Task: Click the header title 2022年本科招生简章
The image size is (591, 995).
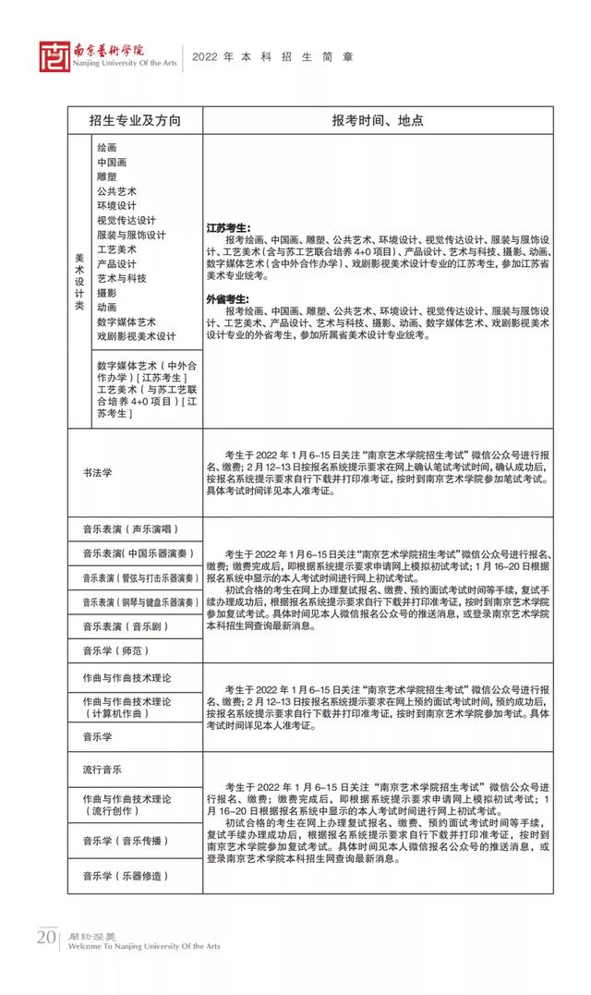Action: click(x=272, y=57)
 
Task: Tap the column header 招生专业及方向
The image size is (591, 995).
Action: click(x=135, y=121)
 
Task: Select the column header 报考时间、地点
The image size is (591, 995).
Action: click(x=378, y=121)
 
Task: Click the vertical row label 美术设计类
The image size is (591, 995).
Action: click(x=79, y=280)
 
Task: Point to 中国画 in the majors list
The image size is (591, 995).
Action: click(x=111, y=163)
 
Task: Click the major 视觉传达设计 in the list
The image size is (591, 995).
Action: click(x=126, y=221)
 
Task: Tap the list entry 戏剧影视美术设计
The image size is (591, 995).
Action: click(x=136, y=336)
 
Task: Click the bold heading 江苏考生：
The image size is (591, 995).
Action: click(x=228, y=227)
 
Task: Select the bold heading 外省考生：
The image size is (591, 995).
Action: click(x=228, y=298)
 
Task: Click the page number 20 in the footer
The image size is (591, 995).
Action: click(x=46, y=938)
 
